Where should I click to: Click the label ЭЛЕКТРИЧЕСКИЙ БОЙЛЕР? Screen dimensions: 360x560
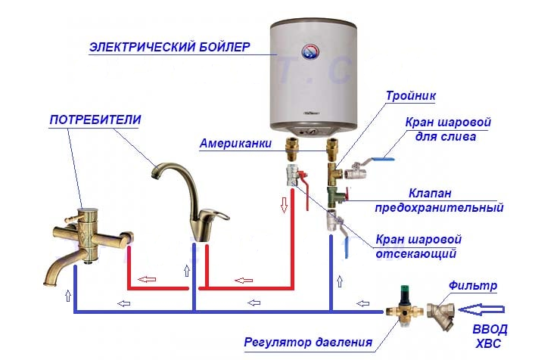tap(169, 48)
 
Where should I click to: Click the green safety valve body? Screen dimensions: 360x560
tap(334, 198)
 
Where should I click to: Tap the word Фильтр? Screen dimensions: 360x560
tap(472, 286)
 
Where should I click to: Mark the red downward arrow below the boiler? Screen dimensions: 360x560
tap(285, 204)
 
